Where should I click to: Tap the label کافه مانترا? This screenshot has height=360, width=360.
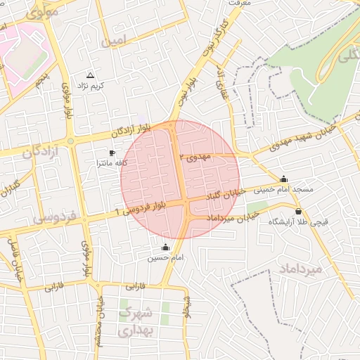pyautogui.click(x=111, y=162)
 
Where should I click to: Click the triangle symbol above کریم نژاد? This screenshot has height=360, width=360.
pyautogui.click(x=90, y=75)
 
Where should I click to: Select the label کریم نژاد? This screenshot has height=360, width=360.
pyautogui.click(x=90, y=85)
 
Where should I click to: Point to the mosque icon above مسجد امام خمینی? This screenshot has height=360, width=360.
pyautogui.click(x=283, y=179)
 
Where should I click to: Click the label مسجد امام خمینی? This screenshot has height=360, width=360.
pyautogui.click(x=283, y=189)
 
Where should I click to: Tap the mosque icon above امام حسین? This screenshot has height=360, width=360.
pyautogui.click(x=166, y=247)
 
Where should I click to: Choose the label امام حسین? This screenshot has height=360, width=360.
pyautogui.click(x=165, y=257)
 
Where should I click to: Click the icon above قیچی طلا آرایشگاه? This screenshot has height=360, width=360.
pyautogui.click(x=298, y=211)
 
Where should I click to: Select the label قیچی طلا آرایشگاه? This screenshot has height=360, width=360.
pyautogui.click(x=298, y=221)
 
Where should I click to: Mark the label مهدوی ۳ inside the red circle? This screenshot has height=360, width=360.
pyautogui.click(x=195, y=156)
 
